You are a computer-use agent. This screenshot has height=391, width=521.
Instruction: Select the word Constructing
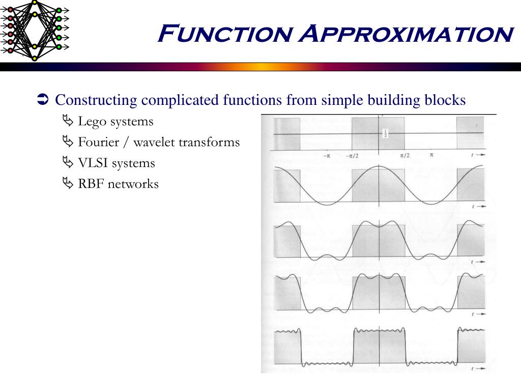[x=96, y=100]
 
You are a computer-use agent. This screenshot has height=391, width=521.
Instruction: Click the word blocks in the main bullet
[x=445, y=100]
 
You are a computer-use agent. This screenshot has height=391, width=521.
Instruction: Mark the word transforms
[x=209, y=142]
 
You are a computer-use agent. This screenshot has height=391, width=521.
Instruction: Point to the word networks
[x=133, y=184]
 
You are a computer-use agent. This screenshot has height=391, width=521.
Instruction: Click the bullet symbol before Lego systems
[x=68, y=122]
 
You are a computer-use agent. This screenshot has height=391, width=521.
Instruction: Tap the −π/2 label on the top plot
[x=352, y=156]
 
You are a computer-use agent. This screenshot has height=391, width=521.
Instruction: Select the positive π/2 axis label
[x=405, y=155]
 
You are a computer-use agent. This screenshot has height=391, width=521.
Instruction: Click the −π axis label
[x=327, y=156]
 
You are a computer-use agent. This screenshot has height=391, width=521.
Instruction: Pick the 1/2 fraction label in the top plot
[x=385, y=133]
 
